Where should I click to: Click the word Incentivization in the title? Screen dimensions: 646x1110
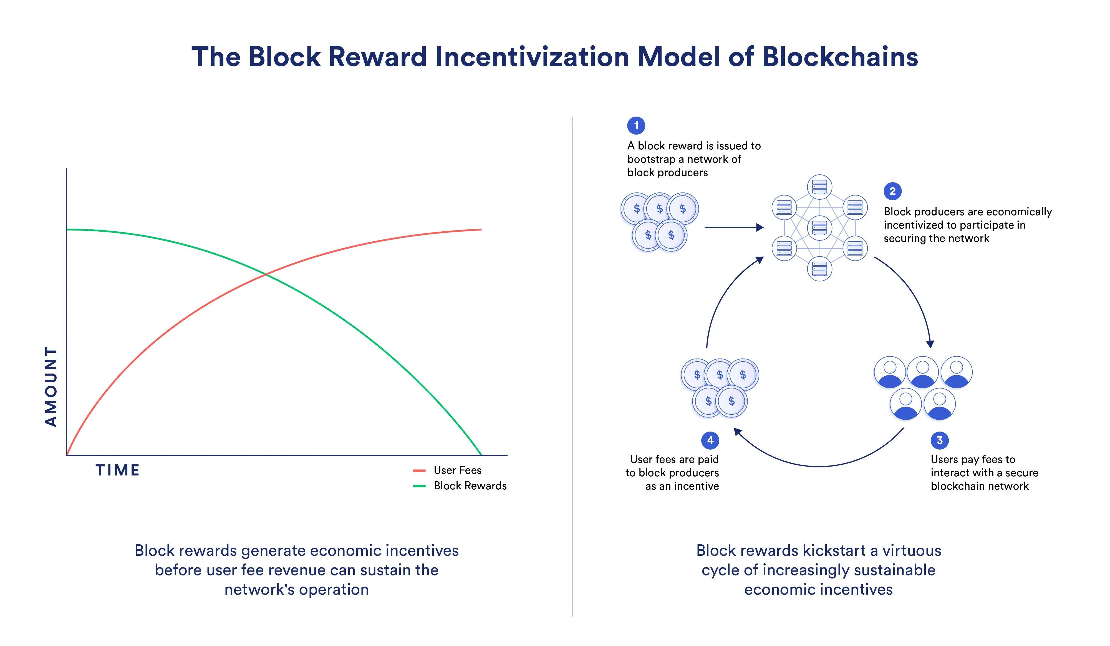coord(532,57)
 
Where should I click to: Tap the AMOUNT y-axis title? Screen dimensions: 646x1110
coord(52,387)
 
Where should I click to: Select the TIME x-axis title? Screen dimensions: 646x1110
coord(118,470)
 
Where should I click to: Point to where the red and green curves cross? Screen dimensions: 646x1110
coord(266,275)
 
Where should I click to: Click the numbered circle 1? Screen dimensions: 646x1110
coord(635,126)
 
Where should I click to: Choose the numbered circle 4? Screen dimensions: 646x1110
coord(710,440)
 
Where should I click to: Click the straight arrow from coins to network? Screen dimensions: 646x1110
coord(733,227)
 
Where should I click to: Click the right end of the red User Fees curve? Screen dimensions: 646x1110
coord(481,229)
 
